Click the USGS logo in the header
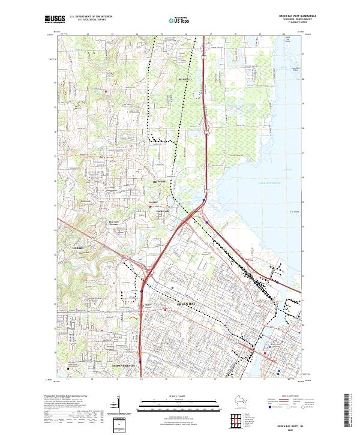coord(55,19)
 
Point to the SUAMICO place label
coord(184,79)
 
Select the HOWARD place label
coord(160,179)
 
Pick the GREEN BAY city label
coord(187,304)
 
